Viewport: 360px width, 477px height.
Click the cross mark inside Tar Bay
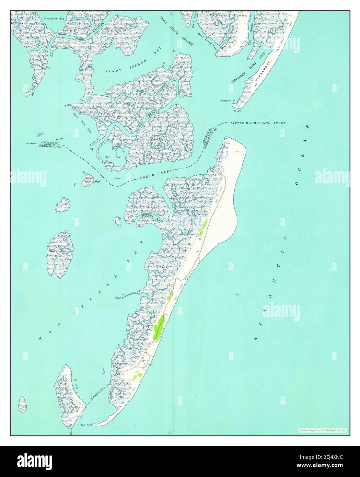coord(123,151)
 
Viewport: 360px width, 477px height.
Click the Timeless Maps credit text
coord(322,430)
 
